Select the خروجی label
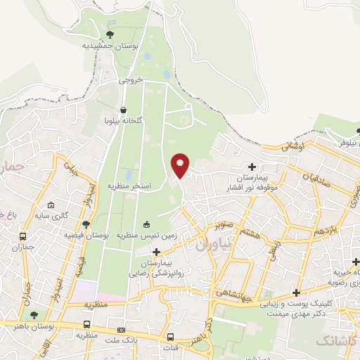130,80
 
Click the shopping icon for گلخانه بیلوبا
124,110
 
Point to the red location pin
181,166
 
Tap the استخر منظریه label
130,186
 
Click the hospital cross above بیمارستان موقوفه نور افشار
251,168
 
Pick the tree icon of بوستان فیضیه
86,225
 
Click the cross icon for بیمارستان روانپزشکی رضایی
156,251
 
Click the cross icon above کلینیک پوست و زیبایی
296,292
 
